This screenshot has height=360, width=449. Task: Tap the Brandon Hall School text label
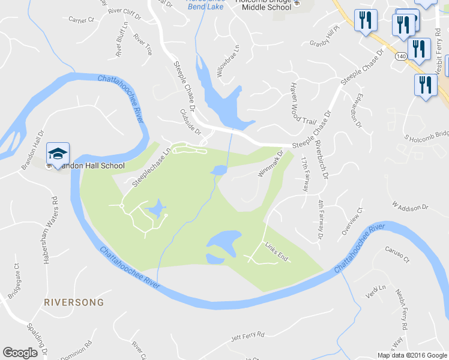[x=88, y=166]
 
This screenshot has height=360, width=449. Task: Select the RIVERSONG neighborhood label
[x=74, y=302]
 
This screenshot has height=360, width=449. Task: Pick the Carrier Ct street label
[x=82, y=20]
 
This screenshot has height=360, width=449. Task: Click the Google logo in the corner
[x=20, y=353]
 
